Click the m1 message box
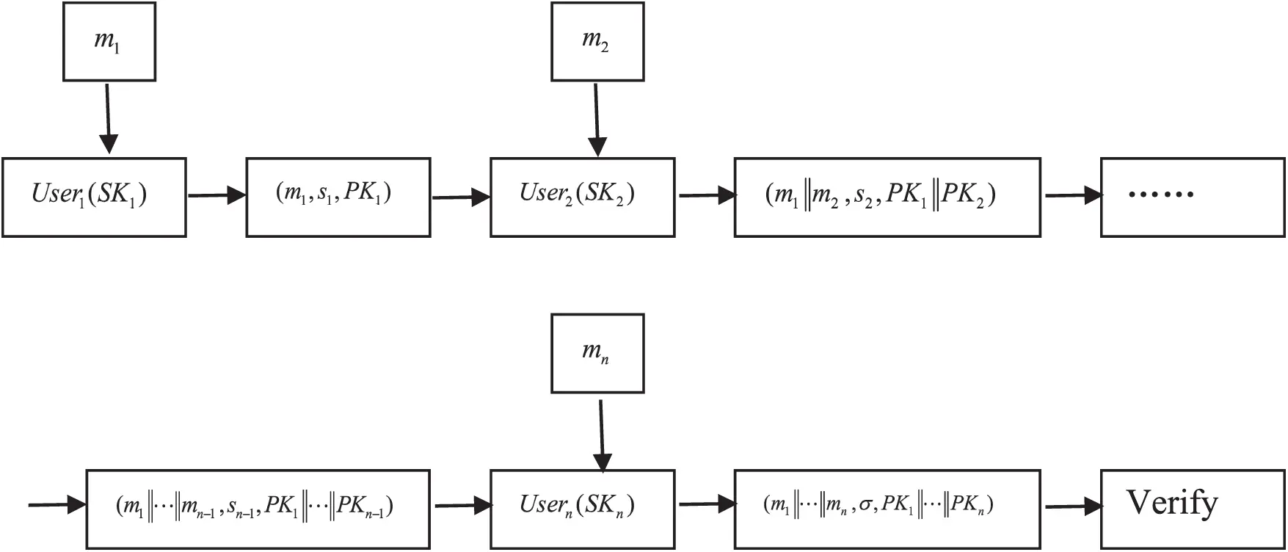click(x=109, y=41)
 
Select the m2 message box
click(x=597, y=41)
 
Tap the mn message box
click(x=597, y=353)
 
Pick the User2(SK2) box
click(x=582, y=197)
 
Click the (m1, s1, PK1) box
click(x=338, y=197)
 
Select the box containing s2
click(x=887, y=197)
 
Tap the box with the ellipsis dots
click(x=1192, y=197)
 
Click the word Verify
click(x=1172, y=504)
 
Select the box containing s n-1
click(x=257, y=509)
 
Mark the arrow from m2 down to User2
click(x=597, y=119)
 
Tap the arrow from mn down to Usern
click(x=601, y=435)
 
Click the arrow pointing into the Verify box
click(x=1073, y=506)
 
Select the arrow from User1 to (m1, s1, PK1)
click(x=217, y=195)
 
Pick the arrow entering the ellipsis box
click(x=1073, y=195)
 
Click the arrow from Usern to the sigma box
click(x=707, y=504)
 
